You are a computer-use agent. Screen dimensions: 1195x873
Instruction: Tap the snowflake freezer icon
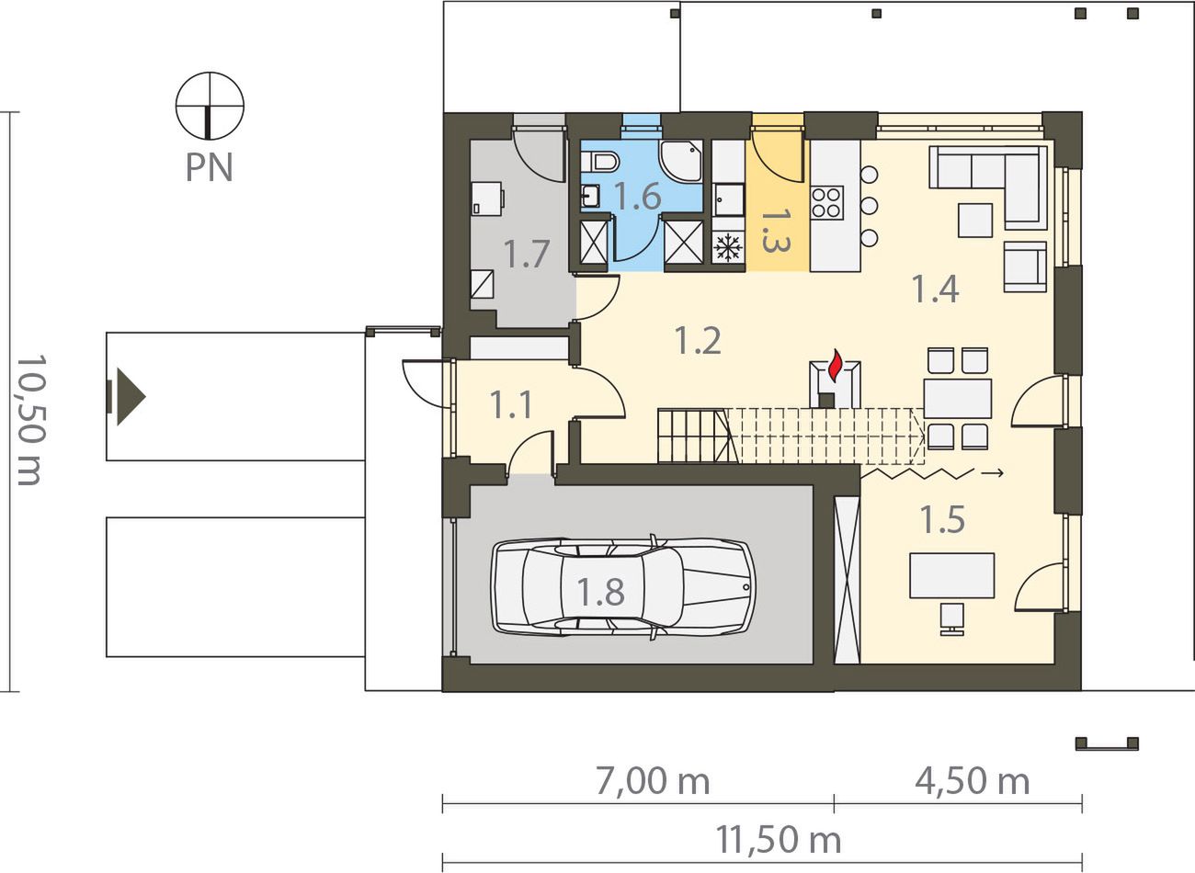[x=728, y=247]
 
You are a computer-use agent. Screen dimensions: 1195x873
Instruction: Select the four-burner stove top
[x=827, y=203]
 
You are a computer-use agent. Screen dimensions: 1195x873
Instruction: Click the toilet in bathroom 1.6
[x=600, y=161]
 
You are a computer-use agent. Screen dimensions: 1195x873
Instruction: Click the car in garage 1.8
[x=623, y=586]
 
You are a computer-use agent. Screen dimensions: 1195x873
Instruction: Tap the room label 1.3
[x=776, y=230]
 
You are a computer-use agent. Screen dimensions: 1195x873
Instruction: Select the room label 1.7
[x=527, y=255]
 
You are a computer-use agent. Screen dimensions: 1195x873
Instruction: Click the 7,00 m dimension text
[x=652, y=781]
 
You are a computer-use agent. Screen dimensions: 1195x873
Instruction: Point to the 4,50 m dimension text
[x=972, y=781]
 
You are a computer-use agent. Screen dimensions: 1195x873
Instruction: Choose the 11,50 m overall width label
[x=778, y=840]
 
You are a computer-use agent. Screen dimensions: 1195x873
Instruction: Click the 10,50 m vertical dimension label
[x=31, y=420]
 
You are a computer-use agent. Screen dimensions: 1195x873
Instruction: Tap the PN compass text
[x=210, y=167]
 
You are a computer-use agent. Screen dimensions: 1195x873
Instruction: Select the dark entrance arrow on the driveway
[x=127, y=397]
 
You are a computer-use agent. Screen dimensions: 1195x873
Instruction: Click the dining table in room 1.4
[x=958, y=399]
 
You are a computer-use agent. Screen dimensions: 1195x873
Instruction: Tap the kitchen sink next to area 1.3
[x=728, y=200]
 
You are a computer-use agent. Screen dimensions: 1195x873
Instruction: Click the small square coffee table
[x=975, y=221]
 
